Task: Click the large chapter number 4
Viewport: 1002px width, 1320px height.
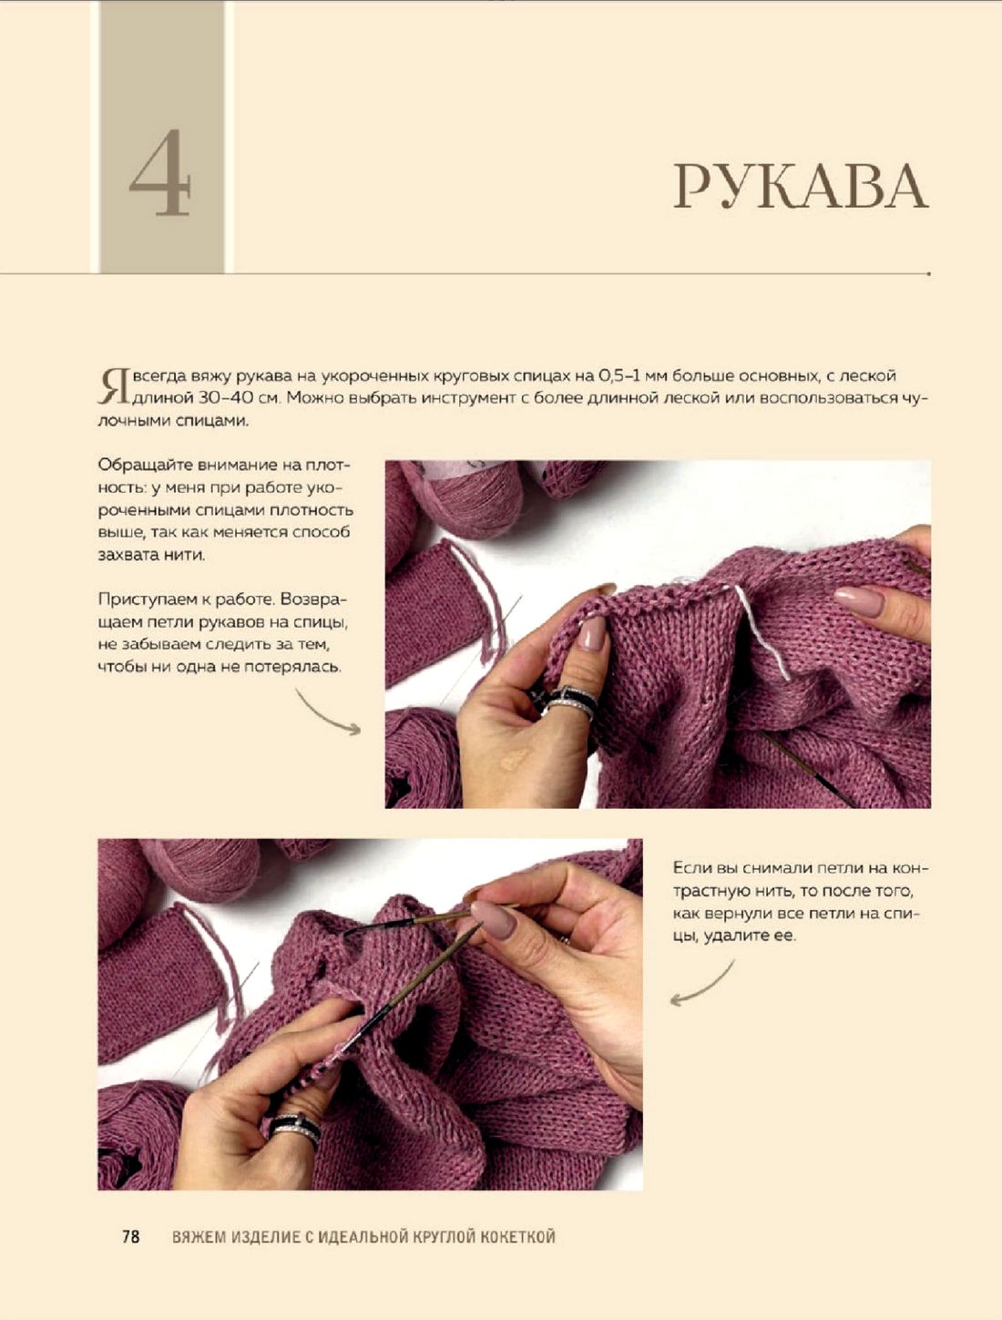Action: (x=160, y=173)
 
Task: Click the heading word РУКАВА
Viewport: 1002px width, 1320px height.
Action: (x=801, y=187)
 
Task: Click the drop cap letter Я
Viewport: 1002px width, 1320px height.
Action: (x=113, y=385)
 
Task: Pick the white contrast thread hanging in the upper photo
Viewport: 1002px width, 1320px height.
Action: (x=759, y=631)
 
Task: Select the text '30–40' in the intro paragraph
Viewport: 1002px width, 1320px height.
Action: (x=228, y=398)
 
